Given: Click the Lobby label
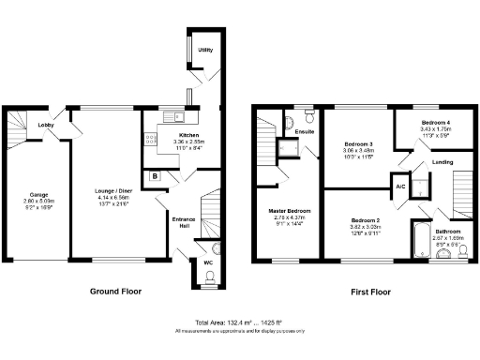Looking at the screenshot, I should (45, 125).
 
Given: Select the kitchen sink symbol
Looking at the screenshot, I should (171, 117).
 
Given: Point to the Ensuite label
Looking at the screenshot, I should (305, 133).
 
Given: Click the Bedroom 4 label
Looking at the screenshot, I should (435, 124).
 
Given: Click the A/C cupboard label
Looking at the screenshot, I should (399, 186).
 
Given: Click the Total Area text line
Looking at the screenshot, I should (239, 322).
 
